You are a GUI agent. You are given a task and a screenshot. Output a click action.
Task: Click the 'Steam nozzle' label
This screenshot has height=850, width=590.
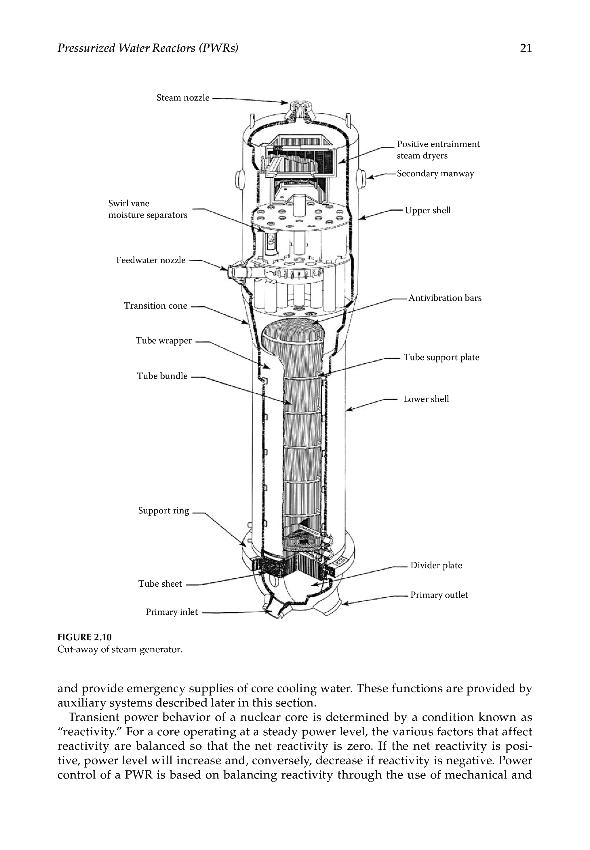183,98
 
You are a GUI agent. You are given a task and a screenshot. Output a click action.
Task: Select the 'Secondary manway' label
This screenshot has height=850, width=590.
435,173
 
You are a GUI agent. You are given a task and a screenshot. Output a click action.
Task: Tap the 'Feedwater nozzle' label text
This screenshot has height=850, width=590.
151,260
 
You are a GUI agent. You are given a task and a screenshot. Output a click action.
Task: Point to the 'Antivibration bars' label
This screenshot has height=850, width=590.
445,298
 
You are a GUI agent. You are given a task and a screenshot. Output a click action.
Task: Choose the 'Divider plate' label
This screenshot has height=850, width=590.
436,565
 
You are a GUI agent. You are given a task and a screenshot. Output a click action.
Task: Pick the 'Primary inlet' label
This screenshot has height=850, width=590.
172,612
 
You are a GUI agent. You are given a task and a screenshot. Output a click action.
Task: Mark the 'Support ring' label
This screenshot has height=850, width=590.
163,510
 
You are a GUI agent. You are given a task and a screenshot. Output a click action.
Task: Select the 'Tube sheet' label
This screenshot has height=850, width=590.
160,583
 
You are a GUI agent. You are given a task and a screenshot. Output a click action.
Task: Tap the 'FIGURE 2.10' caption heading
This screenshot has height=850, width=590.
84,637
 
